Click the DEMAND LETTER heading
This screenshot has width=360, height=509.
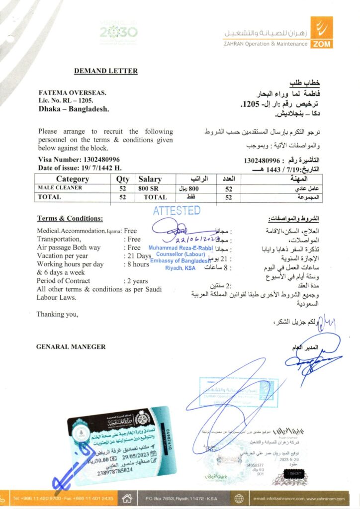tap(106, 71)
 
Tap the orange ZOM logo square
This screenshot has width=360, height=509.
tap(321, 32)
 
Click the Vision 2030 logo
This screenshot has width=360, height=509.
tap(118, 32)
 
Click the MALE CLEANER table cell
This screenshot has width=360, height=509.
tap(60, 188)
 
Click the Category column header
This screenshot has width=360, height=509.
tap(73, 179)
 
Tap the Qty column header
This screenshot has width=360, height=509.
tap(122, 179)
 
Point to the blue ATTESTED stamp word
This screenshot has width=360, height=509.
tap(177, 210)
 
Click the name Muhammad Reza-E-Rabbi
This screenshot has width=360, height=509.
tap(180, 248)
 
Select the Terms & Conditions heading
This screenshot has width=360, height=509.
tap(70, 219)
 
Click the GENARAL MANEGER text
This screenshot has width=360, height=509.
tap(71, 346)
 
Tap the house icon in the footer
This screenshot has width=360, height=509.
tap(127, 498)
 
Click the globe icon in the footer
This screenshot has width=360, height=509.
tap(239, 498)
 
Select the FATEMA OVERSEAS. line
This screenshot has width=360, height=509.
tap(72, 93)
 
